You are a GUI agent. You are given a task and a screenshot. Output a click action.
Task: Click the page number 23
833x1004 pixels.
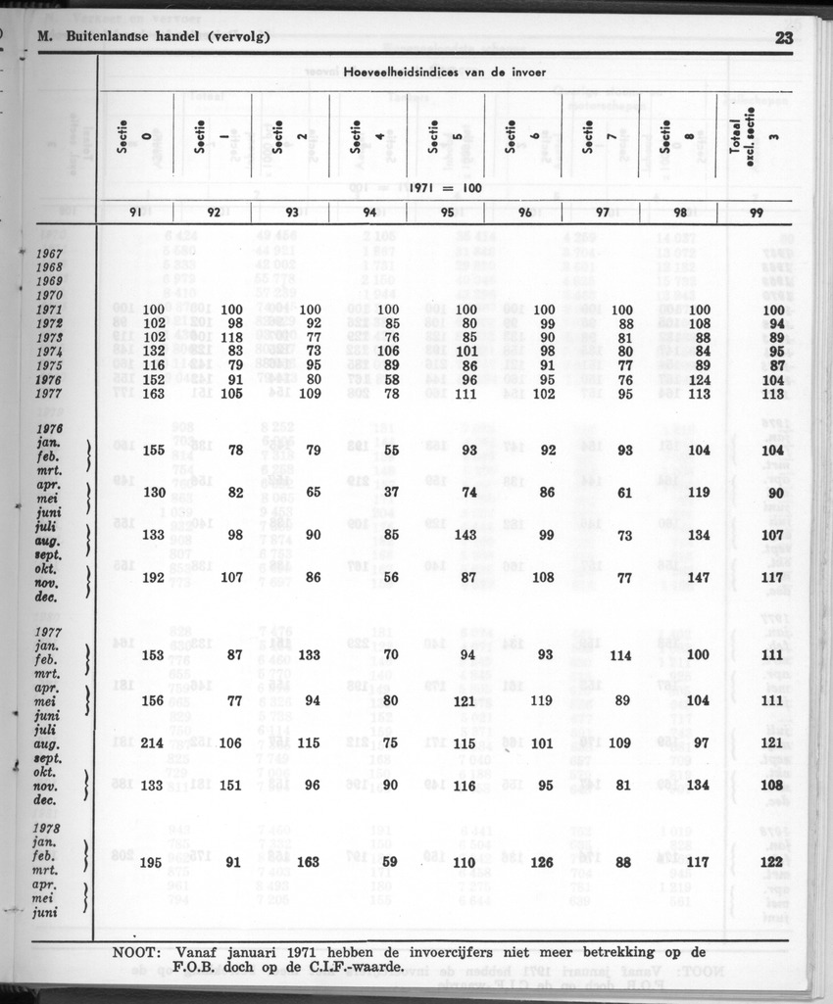tap(784, 38)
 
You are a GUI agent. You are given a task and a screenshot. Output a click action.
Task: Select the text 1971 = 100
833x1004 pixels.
tap(443, 187)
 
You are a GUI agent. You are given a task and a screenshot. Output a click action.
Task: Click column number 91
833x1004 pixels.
tap(136, 212)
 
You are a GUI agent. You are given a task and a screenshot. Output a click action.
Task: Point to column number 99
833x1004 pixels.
tap(756, 212)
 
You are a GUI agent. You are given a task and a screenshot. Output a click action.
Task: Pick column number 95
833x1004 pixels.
tap(447, 212)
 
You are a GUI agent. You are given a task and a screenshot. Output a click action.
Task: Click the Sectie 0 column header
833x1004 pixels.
tap(135, 137)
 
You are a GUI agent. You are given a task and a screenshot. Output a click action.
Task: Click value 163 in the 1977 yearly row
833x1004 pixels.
tap(152, 394)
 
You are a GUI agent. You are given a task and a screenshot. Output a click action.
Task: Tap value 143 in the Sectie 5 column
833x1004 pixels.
tap(465, 535)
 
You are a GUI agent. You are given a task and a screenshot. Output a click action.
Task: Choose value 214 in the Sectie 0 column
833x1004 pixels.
tap(152, 742)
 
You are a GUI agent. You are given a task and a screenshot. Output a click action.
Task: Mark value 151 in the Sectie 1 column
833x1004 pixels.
tap(229, 785)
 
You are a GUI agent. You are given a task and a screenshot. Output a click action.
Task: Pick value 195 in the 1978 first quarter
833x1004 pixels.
tap(152, 863)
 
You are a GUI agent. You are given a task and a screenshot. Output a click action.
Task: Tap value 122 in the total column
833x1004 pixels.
tap(771, 863)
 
